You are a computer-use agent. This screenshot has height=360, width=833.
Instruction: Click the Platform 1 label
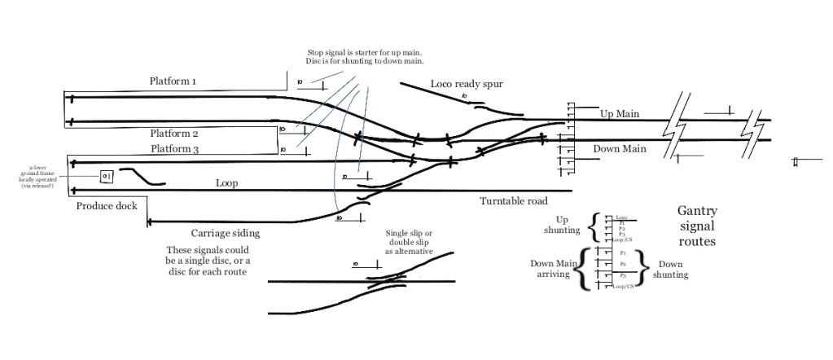point(173,81)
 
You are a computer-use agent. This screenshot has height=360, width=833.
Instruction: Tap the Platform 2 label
point(174,133)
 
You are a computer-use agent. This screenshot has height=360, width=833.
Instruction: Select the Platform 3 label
point(174,149)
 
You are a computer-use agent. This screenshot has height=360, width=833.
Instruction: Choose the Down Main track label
point(619,149)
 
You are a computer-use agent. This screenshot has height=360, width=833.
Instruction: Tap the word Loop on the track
point(226,183)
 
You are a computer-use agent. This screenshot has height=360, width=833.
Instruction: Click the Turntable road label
point(513,200)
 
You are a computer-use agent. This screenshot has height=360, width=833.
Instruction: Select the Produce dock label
point(107,206)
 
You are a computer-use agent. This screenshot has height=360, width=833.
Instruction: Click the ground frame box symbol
point(107,177)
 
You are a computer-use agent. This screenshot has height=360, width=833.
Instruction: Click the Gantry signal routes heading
point(697,226)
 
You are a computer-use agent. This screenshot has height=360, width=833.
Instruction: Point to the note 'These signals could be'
point(208,261)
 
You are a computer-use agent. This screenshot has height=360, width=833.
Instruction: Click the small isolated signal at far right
point(796,163)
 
